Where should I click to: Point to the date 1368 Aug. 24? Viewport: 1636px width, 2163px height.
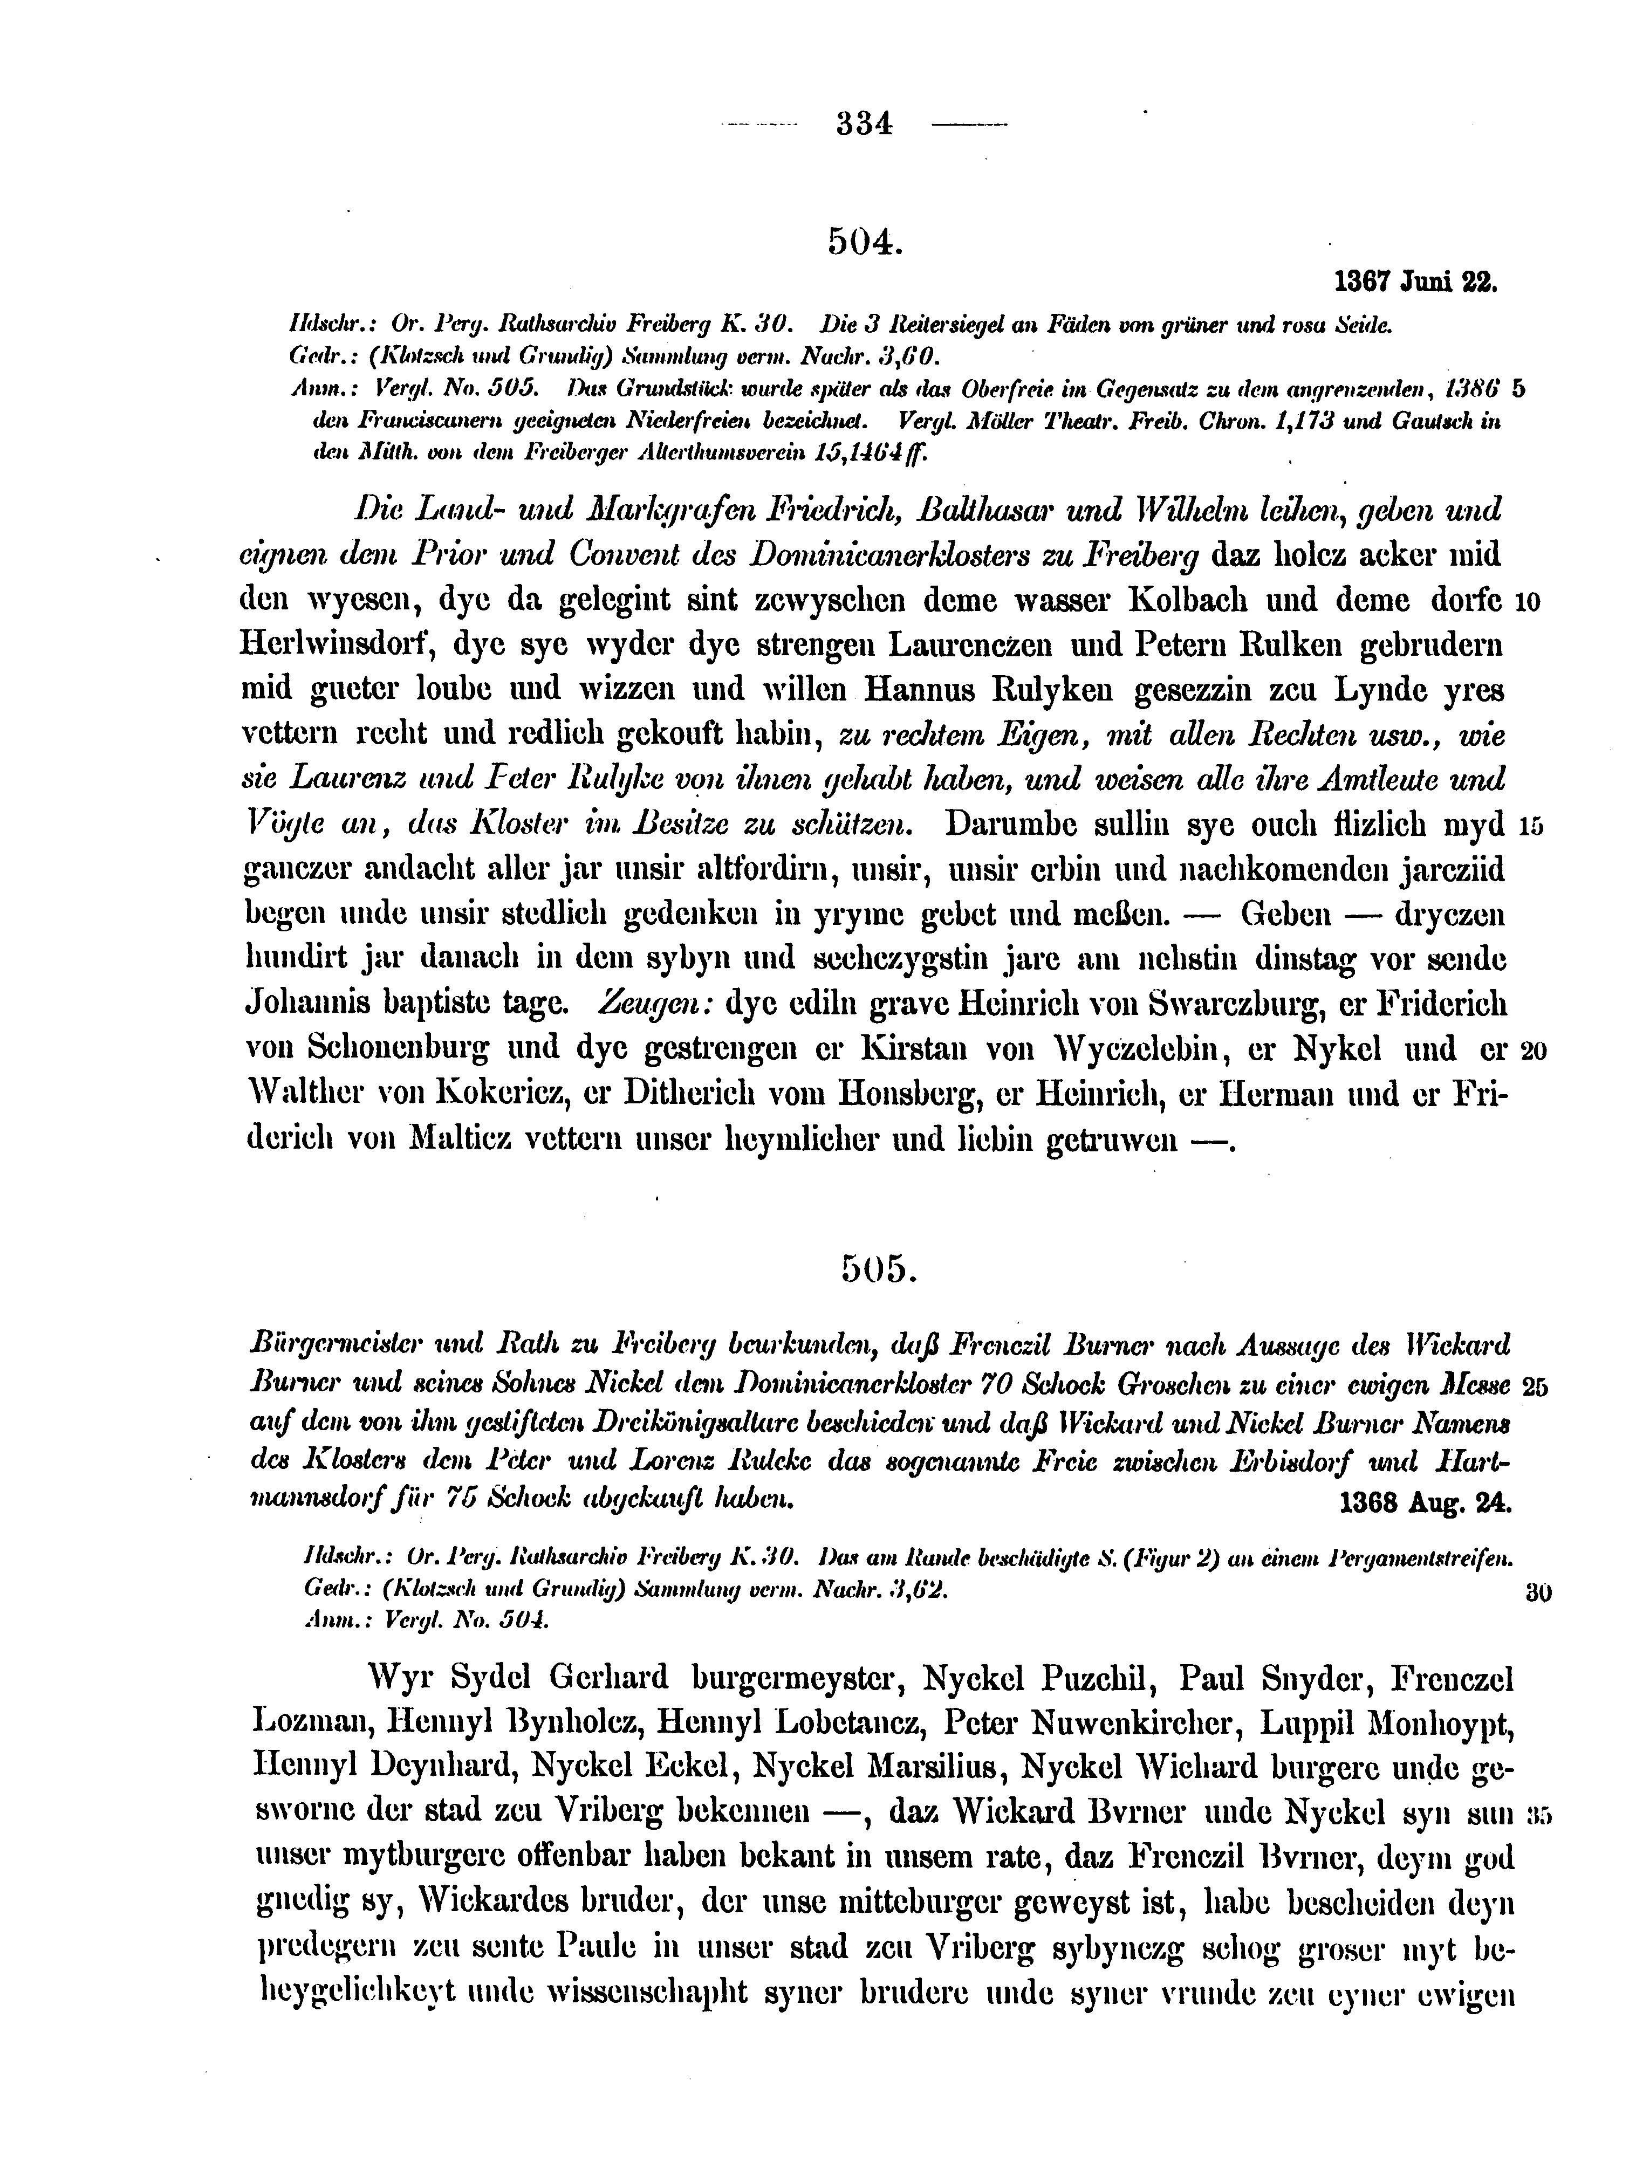pyautogui.click(x=1424, y=1502)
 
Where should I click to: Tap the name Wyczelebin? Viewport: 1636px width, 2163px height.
pyautogui.click(x=1134, y=1049)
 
